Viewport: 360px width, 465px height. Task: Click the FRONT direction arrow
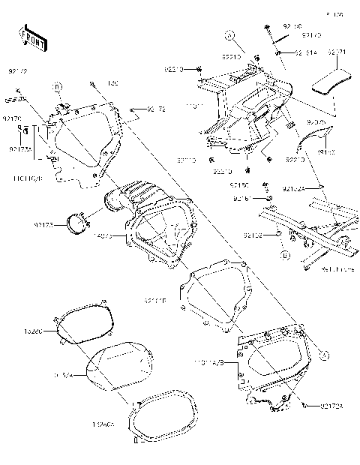[x=29, y=35]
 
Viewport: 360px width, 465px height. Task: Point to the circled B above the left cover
[x=58, y=87]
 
